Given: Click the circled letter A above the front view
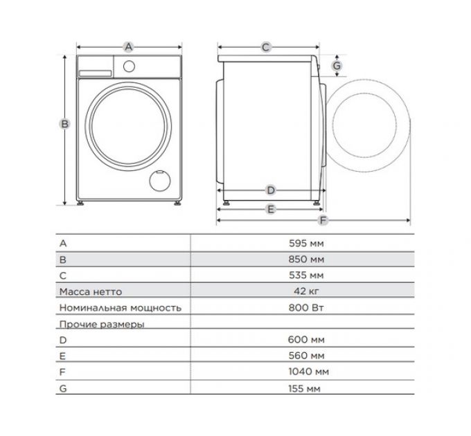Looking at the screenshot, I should click(x=127, y=47).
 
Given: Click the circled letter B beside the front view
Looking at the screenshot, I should click(x=64, y=124).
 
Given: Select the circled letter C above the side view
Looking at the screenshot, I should click(x=265, y=47).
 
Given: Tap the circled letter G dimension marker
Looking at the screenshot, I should click(x=337, y=66).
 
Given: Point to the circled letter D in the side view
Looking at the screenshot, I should click(x=271, y=190).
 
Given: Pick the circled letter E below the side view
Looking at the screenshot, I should click(x=271, y=208).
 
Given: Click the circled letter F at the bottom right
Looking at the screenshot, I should click(x=322, y=221).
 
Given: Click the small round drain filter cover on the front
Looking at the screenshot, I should click(x=159, y=181).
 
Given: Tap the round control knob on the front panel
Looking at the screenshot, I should click(x=128, y=66).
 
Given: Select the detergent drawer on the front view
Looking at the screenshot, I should click(x=94, y=66).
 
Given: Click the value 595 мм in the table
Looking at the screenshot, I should click(x=305, y=244).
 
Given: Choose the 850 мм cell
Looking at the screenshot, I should click(x=305, y=260).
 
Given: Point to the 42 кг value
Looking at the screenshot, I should click(x=305, y=291).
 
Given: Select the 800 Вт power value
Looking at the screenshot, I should click(x=305, y=307).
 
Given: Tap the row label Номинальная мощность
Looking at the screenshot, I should click(x=121, y=308).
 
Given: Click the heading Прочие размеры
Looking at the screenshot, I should click(x=102, y=324).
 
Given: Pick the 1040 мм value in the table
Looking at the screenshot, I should click(x=305, y=372).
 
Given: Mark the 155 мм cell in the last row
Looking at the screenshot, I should click(x=305, y=388).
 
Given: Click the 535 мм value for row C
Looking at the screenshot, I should click(x=305, y=275).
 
